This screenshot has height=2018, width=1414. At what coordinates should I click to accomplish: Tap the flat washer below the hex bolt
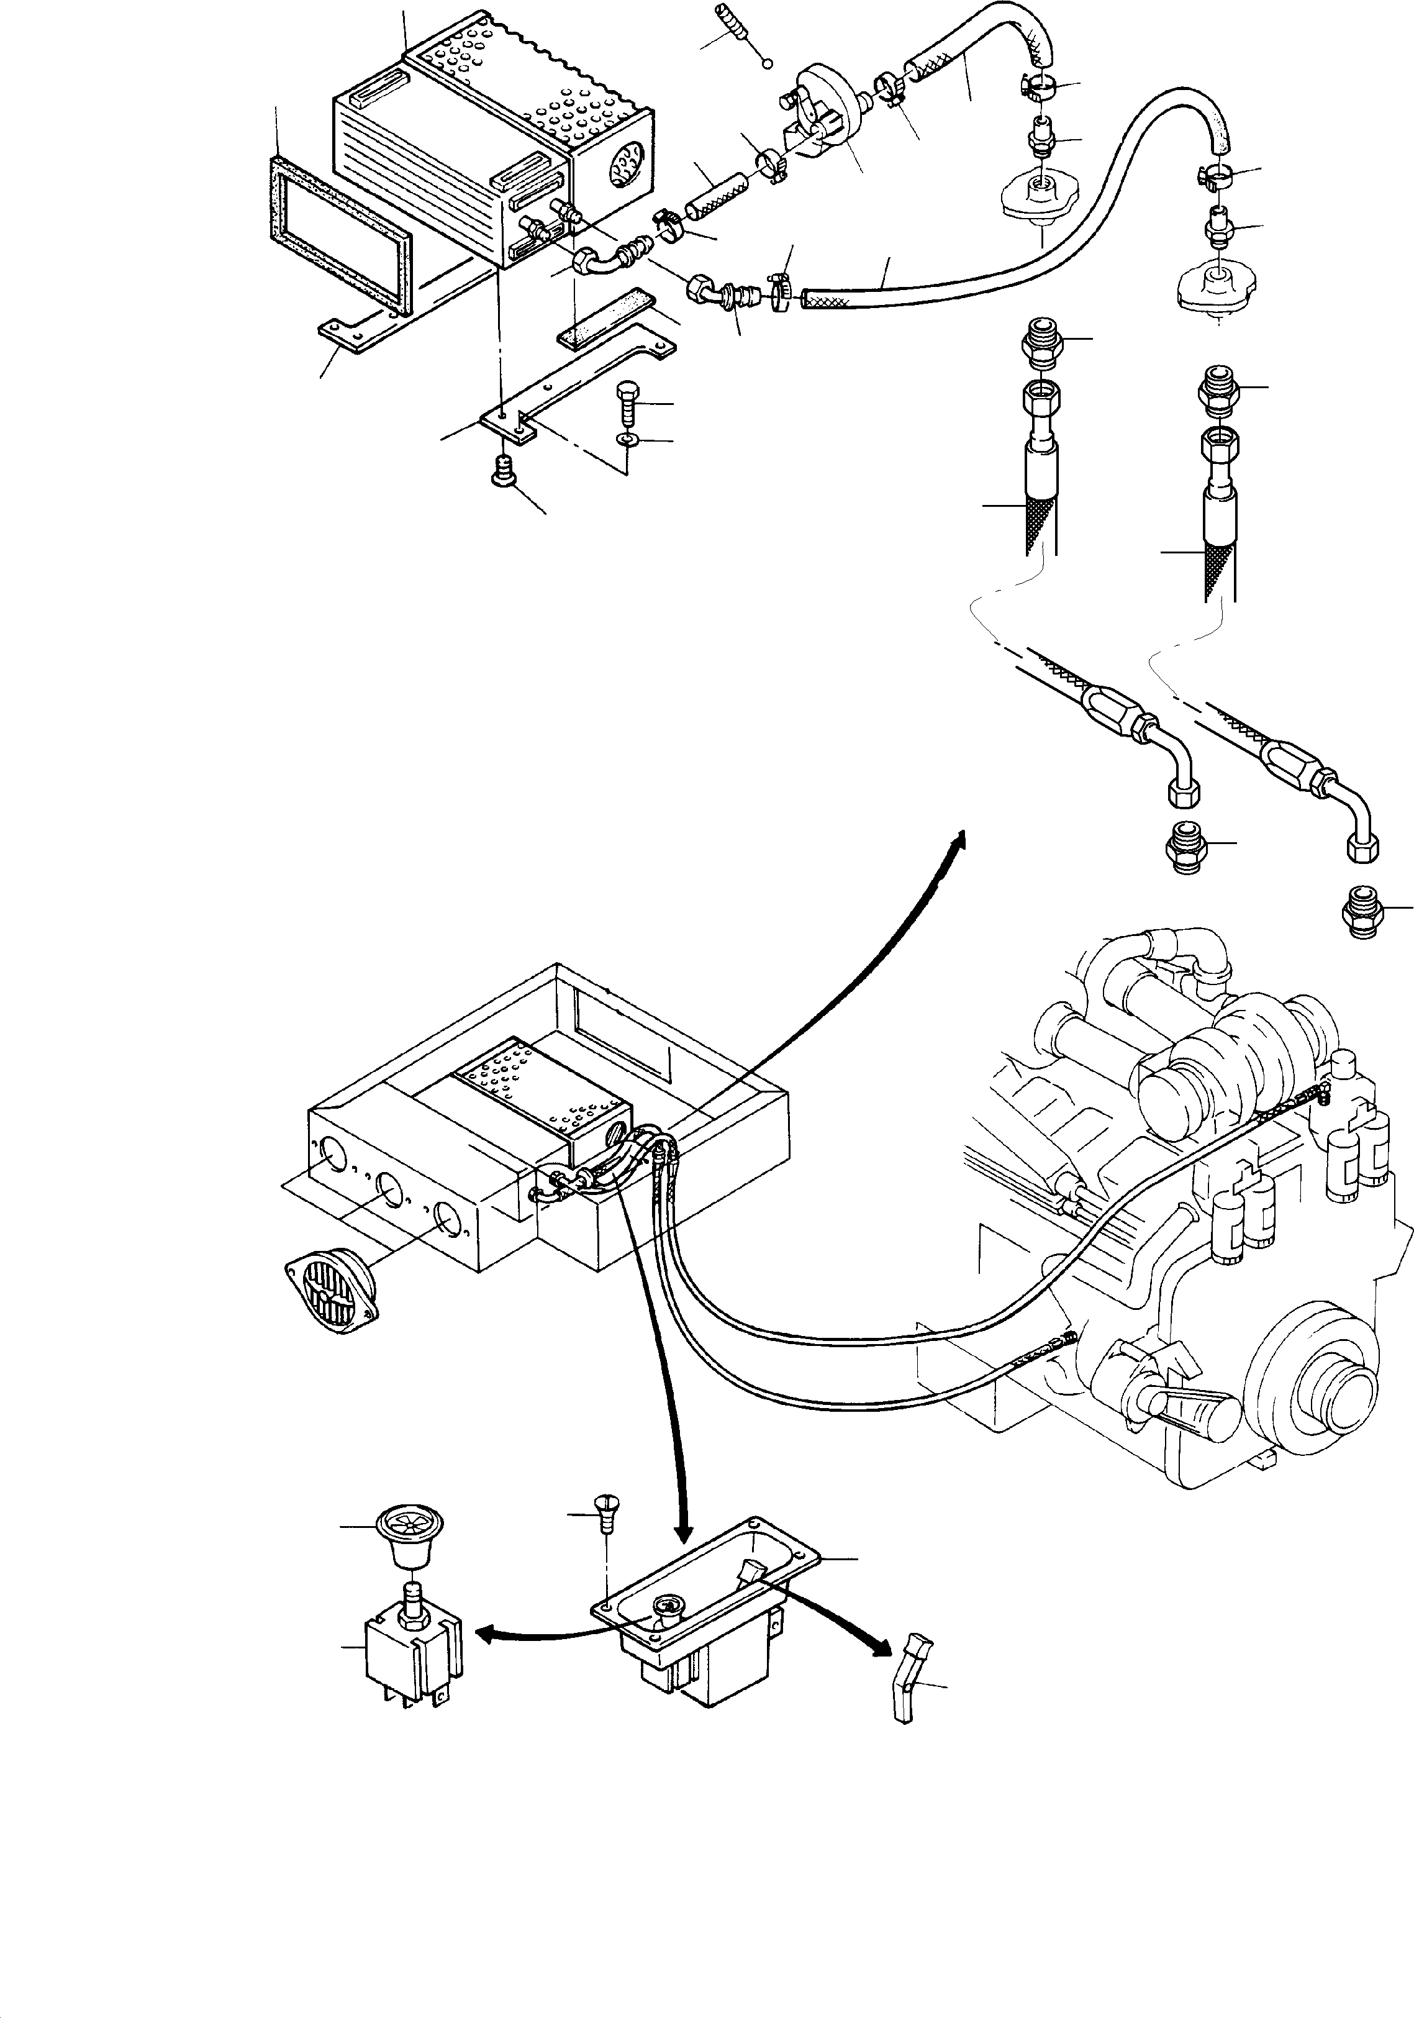click(627, 439)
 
